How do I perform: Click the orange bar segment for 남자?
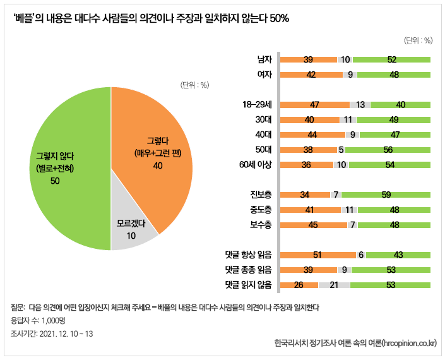(308, 60)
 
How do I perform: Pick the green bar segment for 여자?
(393, 74)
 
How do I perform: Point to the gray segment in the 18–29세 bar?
(360, 105)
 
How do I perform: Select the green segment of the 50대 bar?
(388, 150)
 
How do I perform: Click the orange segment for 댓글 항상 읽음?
(317, 255)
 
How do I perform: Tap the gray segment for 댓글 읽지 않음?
(334, 285)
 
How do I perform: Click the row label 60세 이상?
(255, 165)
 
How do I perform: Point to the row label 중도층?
(260, 210)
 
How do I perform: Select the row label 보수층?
(260, 225)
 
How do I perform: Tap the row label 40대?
(263, 135)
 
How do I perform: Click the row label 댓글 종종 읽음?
(248, 270)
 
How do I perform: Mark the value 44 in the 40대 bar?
(312, 135)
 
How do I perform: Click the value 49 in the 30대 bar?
(393, 120)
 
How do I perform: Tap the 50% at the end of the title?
(279, 19)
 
